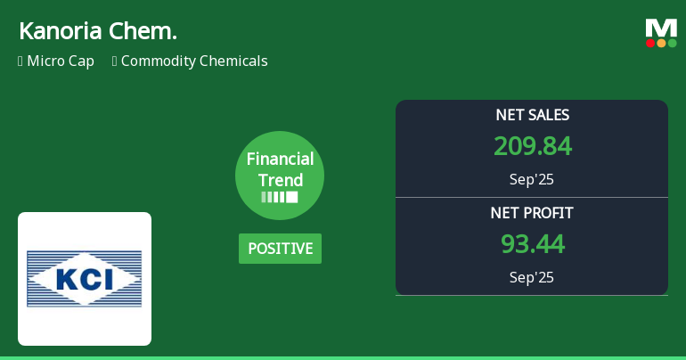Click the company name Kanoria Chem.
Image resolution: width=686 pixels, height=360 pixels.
97,31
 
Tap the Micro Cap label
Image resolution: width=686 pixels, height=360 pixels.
60,61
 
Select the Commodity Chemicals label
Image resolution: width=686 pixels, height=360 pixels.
194,61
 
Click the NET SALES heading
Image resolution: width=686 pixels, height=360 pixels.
532,115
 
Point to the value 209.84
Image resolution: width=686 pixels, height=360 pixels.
532,146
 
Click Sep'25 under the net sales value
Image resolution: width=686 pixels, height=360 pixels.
532,179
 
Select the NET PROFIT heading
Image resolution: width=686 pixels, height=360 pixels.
532,213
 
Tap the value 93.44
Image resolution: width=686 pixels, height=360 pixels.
532,244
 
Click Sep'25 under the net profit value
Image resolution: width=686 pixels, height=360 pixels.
532,277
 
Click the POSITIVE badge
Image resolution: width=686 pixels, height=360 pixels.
280,249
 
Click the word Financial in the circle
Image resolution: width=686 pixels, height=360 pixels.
280,160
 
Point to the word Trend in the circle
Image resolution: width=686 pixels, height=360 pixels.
280,180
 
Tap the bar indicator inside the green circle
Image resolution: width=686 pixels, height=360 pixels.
280,197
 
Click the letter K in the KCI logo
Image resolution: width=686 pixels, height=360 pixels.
68,280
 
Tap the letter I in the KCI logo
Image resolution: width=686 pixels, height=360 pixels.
108,280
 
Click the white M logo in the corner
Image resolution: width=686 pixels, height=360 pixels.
661,28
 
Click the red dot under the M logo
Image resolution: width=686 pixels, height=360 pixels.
650,43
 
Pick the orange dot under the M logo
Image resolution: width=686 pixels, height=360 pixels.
661,43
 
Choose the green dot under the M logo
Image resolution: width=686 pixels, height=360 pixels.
672,43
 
